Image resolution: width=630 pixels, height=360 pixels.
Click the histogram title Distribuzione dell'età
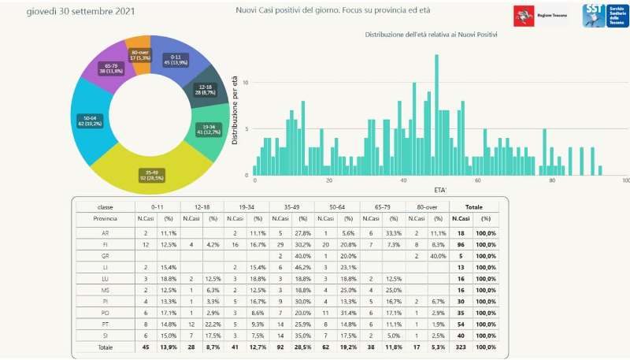(436, 35)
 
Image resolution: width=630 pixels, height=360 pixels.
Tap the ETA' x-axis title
(441, 190)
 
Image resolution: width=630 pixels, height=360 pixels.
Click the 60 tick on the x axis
(478, 181)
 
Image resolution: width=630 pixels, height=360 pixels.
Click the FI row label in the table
(106, 245)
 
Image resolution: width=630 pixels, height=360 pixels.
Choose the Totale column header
(474, 206)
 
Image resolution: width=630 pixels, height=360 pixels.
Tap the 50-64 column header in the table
(336, 206)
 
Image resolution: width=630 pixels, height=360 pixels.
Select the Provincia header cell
(106, 218)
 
